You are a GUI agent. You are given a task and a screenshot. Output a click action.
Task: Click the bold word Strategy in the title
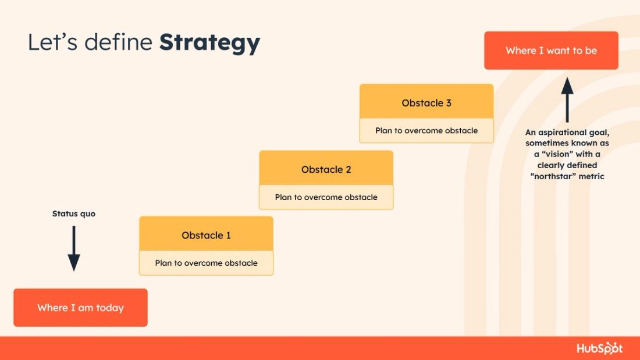tap(209, 43)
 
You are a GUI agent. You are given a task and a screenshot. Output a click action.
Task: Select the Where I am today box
tap(80, 308)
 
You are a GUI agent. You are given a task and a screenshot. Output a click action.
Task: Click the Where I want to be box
tap(551, 51)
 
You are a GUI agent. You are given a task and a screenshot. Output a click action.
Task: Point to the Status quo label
tap(74, 214)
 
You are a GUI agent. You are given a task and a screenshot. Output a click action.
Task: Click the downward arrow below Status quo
tap(74, 248)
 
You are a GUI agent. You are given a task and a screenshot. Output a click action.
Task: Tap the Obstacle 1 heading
tap(206, 236)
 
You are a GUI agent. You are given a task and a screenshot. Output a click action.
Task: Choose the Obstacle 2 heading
tap(326, 170)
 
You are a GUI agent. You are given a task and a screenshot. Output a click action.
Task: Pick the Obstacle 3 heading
tap(426, 103)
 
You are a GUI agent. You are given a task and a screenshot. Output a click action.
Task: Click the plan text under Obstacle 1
tap(206, 263)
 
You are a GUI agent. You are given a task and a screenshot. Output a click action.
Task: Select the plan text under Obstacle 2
tap(326, 197)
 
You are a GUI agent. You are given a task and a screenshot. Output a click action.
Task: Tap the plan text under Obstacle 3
tap(426, 130)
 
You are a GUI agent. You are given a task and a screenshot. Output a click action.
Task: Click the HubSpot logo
tap(599, 348)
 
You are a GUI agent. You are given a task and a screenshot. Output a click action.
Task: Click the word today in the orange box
tap(110, 308)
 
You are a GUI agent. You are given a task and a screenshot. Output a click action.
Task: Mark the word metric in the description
tap(592, 176)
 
